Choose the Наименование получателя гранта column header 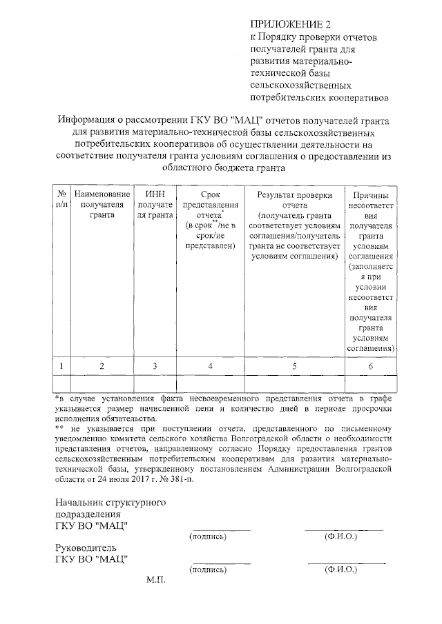(102, 204)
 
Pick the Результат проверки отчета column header (294, 224)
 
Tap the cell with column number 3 (155, 366)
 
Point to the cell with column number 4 (211, 366)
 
